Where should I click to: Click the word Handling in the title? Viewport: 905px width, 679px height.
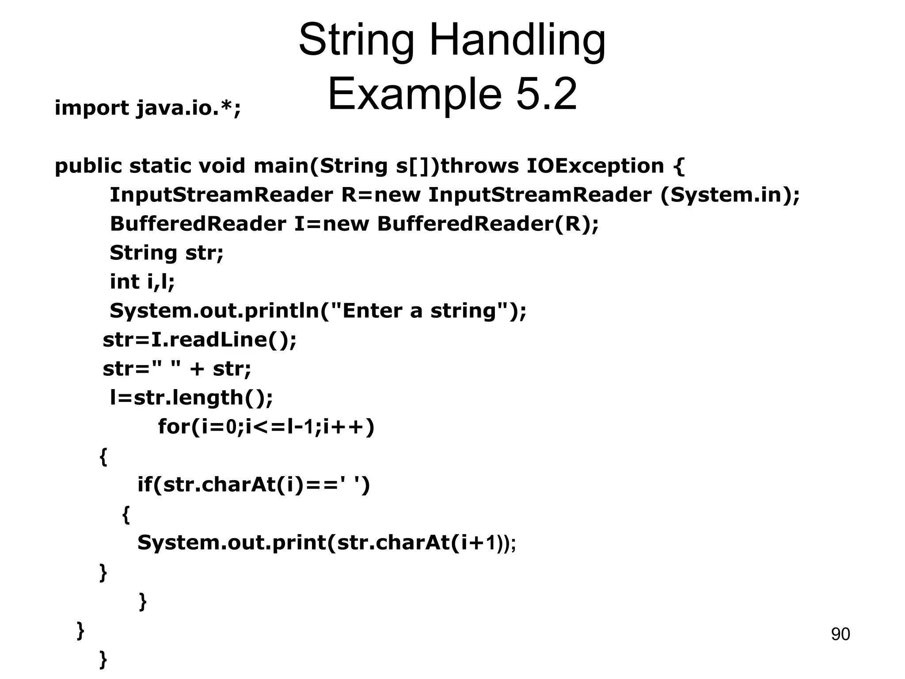click(x=517, y=41)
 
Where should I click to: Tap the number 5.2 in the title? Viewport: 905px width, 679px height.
click(x=546, y=94)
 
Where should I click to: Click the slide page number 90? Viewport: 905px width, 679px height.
click(x=840, y=634)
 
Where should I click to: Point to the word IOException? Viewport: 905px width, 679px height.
click(x=595, y=166)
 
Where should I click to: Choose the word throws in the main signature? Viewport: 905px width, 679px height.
click(x=480, y=166)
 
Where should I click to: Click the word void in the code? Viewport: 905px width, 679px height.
click(x=222, y=166)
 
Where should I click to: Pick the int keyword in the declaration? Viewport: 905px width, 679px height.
click(x=124, y=282)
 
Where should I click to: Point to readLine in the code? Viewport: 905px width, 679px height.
click(x=217, y=340)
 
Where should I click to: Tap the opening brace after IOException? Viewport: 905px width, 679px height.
click(x=679, y=166)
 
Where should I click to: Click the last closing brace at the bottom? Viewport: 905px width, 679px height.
click(x=103, y=659)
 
